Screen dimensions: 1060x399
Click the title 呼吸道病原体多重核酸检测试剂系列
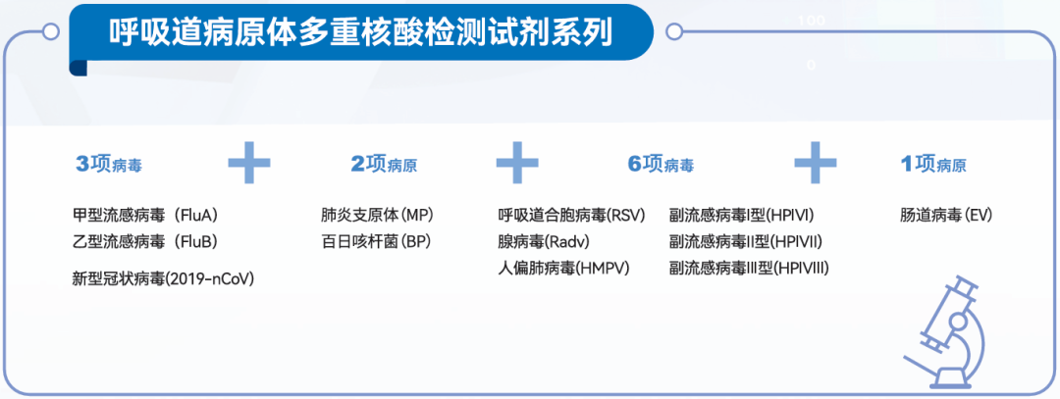[x=360, y=31]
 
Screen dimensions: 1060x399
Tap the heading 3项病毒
[x=109, y=164]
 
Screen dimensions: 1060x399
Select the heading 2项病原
[x=384, y=164]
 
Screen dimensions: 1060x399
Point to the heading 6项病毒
[x=661, y=164]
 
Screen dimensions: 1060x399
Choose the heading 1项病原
[x=933, y=164]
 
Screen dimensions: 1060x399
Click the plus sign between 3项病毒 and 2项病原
[x=248, y=163]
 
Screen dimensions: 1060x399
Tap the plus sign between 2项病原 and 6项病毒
[x=517, y=163]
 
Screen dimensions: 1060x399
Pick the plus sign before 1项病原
[x=816, y=163]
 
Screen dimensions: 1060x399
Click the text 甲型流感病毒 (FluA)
[x=144, y=216]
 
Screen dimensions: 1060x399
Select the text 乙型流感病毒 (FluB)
[x=144, y=241]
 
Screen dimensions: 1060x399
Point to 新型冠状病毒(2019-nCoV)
[x=163, y=278]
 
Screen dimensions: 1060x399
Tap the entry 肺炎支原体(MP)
[x=377, y=216]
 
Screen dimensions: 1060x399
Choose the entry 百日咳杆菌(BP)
[x=376, y=241]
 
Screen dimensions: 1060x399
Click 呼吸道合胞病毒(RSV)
[x=572, y=216]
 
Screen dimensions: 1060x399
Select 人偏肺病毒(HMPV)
[x=563, y=268]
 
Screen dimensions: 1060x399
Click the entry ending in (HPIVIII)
[x=749, y=268]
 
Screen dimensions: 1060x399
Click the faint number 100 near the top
[x=812, y=21]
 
